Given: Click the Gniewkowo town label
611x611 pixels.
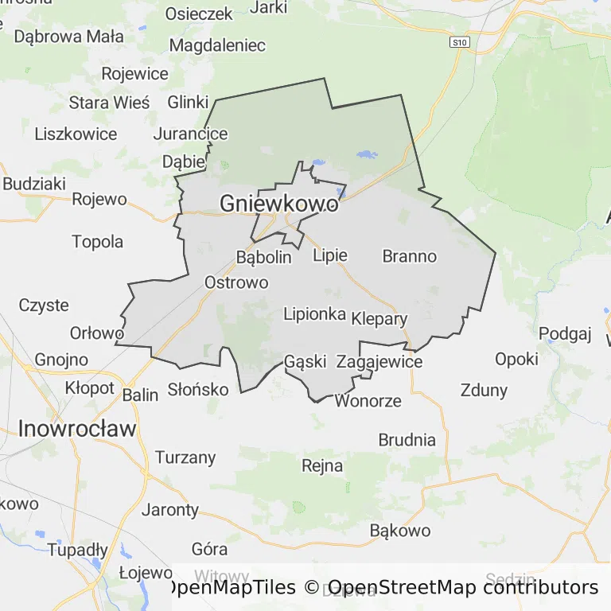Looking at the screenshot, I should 278,204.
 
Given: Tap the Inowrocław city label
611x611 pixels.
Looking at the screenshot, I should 77,429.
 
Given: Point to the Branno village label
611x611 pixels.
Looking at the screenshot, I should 410,256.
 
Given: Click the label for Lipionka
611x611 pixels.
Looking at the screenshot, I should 314,314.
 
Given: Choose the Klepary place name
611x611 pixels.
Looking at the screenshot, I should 379,320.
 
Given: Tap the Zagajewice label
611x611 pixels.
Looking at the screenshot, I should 379,362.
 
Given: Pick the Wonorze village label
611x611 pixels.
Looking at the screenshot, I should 368,400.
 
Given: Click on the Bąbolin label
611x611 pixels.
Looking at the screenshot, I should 264,258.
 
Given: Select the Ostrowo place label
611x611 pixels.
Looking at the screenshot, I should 236,282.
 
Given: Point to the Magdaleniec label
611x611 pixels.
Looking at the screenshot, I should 218,45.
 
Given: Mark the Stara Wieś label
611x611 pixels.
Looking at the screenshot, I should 109,103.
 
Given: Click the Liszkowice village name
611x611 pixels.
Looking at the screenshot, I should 76,134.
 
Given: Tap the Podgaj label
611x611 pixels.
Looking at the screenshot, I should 566,333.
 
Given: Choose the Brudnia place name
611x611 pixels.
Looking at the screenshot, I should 407,440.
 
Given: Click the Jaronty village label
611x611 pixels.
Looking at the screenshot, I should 170,510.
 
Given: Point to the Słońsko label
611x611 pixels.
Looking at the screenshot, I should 198,390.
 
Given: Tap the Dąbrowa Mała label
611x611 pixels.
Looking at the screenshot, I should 69,36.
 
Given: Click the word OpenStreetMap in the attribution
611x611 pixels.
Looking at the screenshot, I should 402,588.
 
